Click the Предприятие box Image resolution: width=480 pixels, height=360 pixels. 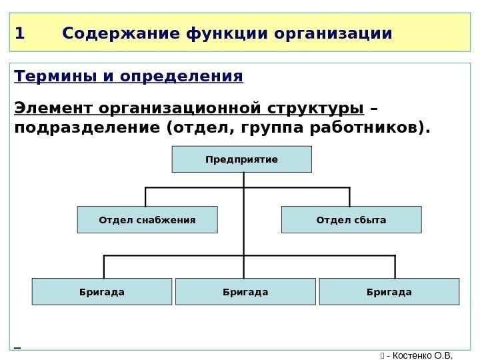pos(242,160)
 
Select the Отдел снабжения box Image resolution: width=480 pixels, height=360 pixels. pos(147,219)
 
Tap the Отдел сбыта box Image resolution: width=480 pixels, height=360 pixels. pos(351,219)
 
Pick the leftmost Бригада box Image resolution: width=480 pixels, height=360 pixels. pos(102,291)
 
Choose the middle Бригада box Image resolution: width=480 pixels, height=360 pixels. pos(245,291)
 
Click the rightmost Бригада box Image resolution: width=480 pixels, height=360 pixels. pos(389,291)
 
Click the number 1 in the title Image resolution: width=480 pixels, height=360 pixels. pos(19,33)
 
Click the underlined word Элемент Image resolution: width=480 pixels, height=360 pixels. pos(53,108)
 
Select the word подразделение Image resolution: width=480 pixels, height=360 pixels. pos(84,127)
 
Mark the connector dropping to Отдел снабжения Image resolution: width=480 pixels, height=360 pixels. pos(145,197)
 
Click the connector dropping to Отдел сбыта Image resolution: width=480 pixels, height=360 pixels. pos(349,197)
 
